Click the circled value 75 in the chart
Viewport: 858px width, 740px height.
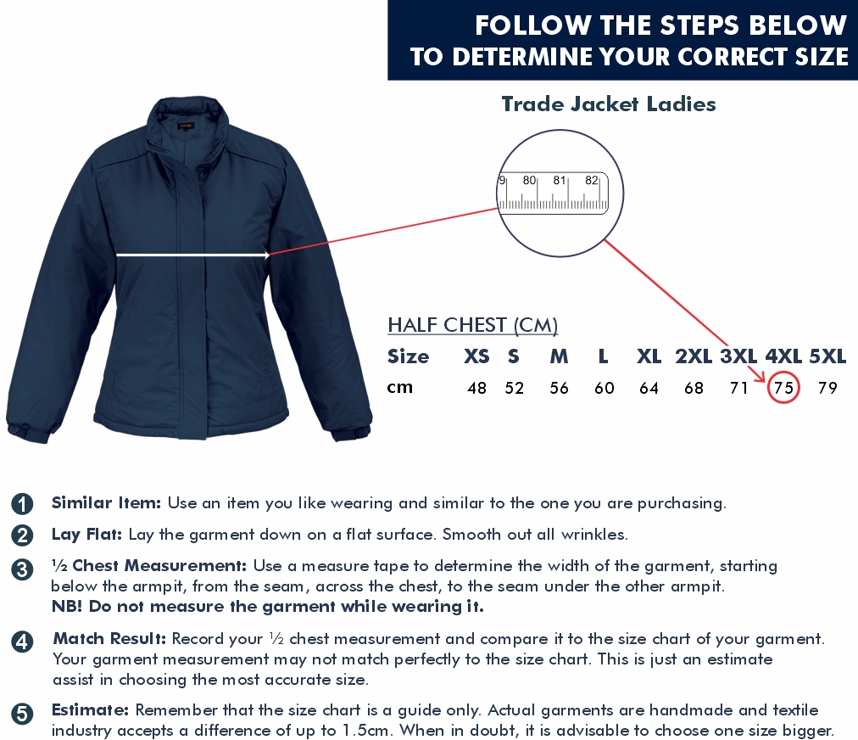783,388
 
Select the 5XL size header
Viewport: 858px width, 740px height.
827,356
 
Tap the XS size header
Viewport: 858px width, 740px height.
476,356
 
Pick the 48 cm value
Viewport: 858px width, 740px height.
476,388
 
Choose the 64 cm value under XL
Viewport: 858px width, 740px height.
649,388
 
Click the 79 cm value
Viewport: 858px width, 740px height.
827,388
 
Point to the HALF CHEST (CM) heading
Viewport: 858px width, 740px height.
473,325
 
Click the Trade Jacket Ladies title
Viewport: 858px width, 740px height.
609,104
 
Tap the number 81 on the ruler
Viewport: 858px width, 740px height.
560,180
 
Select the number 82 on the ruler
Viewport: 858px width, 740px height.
592,180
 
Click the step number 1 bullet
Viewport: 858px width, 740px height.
22,504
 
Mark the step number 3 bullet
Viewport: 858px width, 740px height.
22,569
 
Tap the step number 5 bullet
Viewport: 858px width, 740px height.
22,714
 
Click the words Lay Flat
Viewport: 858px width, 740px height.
86,535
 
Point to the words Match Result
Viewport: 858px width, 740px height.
109,639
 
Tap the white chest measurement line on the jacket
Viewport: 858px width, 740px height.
192,255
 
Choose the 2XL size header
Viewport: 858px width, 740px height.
694,356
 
